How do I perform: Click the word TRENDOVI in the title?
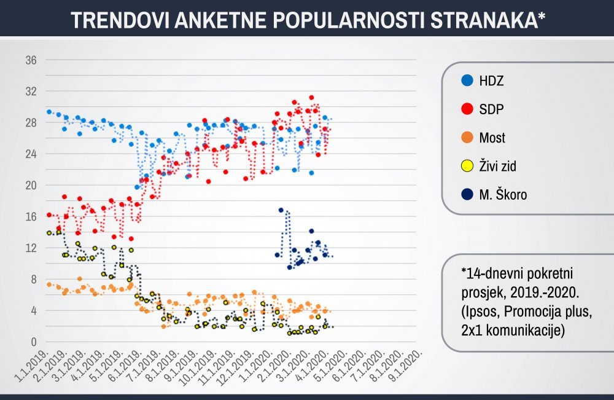click(x=120, y=20)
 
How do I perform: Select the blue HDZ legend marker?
click(x=467, y=80)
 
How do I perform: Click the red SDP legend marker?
click(x=467, y=109)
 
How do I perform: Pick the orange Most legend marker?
click(x=467, y=138)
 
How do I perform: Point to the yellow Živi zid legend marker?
click(x=467, y=166)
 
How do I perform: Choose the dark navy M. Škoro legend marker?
click(x=467, y=194)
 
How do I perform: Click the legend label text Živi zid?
click(x=498, y=166)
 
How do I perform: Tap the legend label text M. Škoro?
click(x=503, y=194)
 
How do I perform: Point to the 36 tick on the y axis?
click(x=31, y=60)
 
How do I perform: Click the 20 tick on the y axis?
click(x=31, y=185)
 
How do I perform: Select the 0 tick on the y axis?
click(x=34, y=342)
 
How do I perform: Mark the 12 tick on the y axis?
click(x=31, y=248)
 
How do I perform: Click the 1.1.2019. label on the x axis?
click(x=31, y=366)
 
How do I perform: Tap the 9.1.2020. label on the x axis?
click(x=406, y=366)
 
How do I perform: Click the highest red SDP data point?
click(x=312, y=97)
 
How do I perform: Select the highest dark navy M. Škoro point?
click(x=281, y=210)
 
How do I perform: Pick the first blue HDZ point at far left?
click(x=49, y=112)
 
